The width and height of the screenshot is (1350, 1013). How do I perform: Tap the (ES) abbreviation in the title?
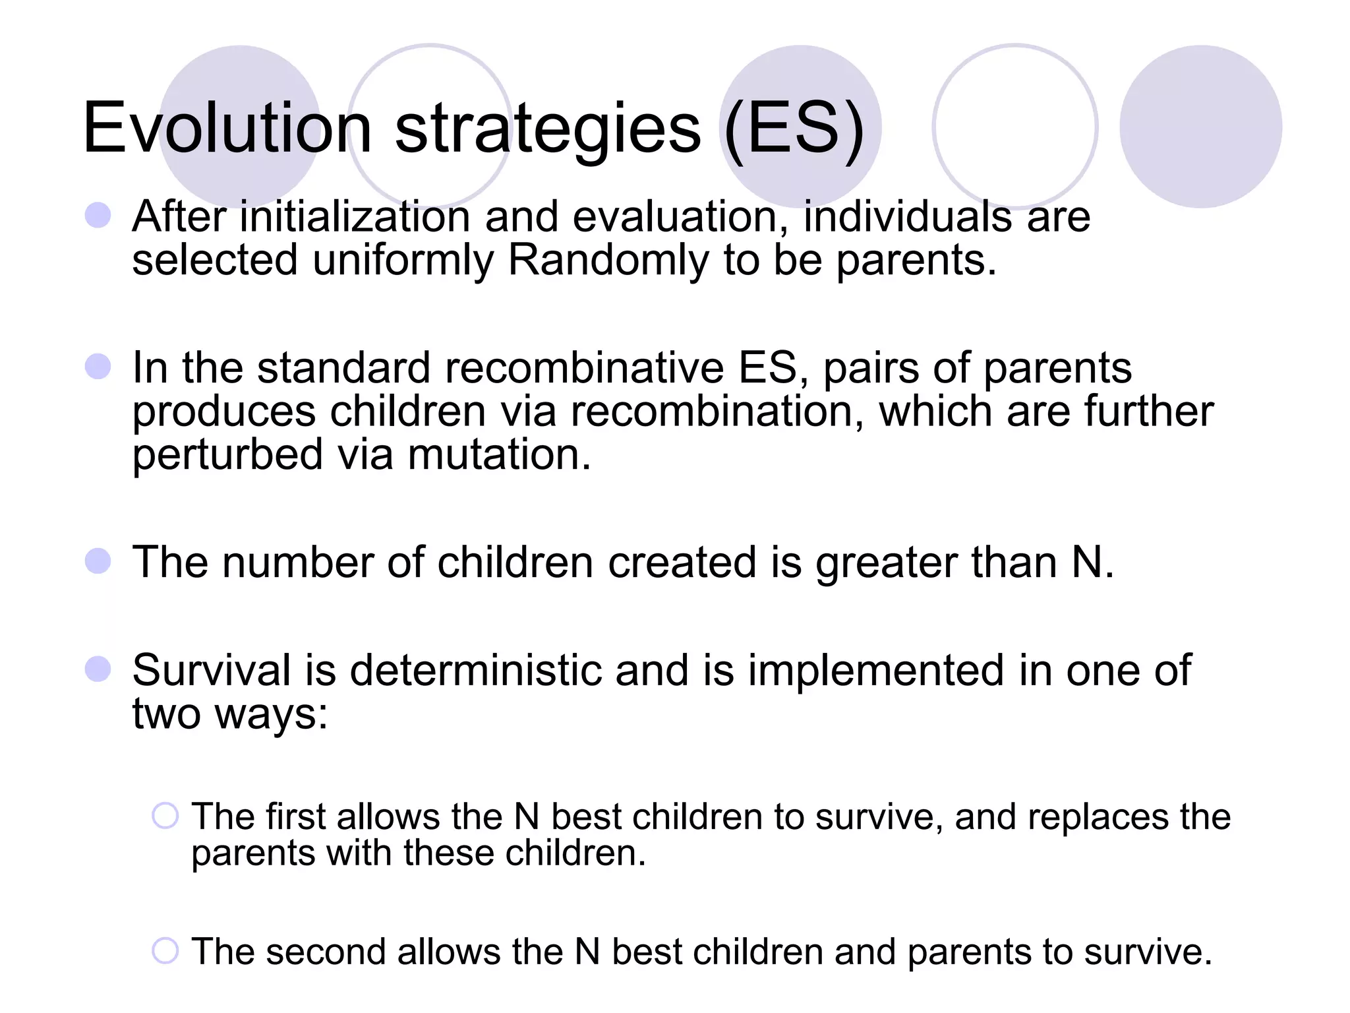[x=794, y=129]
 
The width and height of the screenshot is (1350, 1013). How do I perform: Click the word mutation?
[x=499, y=455]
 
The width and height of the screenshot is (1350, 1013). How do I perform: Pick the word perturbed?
[x=227, y=455]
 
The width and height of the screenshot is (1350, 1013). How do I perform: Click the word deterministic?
[x=475, y=671]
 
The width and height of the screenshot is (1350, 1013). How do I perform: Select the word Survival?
[x=211, y=671]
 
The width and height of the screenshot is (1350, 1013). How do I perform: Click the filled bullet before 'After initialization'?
[x=98, y=215]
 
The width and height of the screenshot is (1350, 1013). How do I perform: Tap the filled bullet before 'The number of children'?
[x=98, y=561]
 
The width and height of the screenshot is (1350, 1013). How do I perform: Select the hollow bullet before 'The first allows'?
[x=165, y=816]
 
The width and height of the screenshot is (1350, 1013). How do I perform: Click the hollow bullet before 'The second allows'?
[x=165, y=951]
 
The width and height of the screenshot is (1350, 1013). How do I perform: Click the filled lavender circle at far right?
[x=1200, y=127]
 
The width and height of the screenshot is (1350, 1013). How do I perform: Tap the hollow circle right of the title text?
[x=1015, y=127]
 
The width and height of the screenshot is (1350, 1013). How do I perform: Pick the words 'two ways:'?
[x=229, y=715]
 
